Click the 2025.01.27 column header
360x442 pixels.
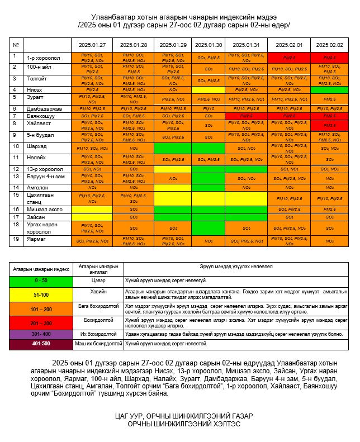click(92, 45)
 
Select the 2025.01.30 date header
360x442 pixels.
click(209, 45)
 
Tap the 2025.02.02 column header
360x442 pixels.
click(329, 45)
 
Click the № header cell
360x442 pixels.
click(16, 45)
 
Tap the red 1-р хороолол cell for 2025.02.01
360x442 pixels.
click(289, 58)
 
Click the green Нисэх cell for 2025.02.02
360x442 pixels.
click(329, 89)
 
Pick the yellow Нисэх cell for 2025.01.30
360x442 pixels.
click(209, 89)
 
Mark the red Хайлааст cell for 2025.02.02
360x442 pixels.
click(329, 125)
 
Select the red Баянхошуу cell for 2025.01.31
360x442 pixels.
click(246, 116)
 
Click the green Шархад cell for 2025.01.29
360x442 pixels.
click(173, 148)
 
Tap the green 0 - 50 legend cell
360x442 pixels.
click(41, 281)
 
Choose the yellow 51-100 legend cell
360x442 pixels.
click(41, 294)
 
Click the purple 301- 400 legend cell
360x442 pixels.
click(41, 334)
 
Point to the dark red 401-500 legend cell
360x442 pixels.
click(41, 344)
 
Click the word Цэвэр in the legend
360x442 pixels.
click(98, 281)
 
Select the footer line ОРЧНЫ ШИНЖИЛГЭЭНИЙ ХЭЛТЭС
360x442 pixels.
click(179, 424)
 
